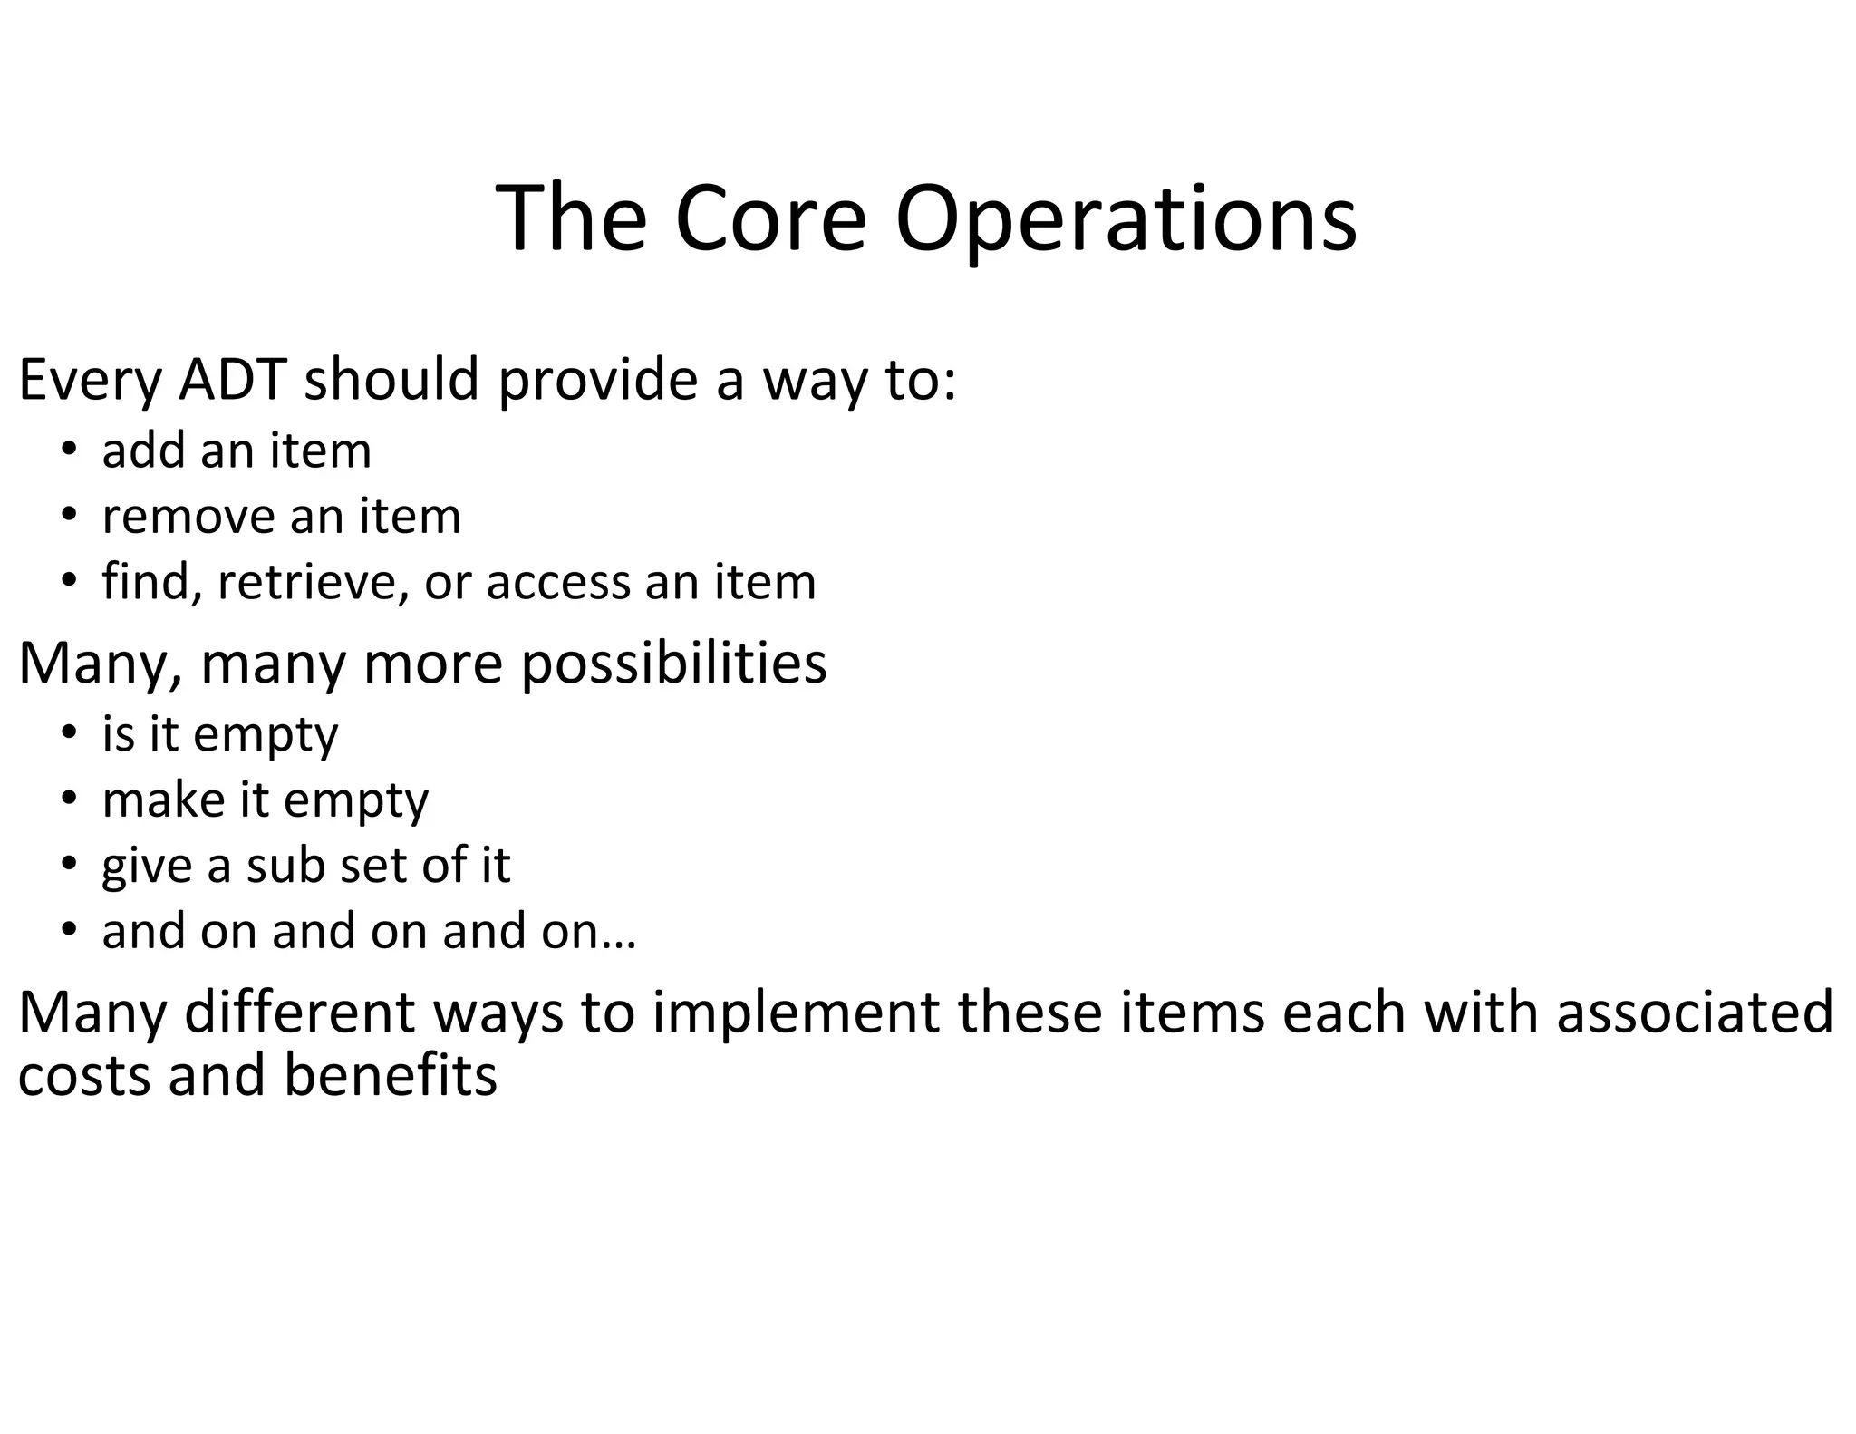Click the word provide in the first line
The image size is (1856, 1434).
(x=597, y=381)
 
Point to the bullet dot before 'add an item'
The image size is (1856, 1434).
(x=69, y=451)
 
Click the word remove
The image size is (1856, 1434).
(x=188, y=517)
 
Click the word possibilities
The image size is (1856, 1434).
(x=674, y=664)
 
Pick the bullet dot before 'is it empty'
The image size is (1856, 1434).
(x=69, y=733)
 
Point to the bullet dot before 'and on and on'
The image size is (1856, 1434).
(x=69, y=931)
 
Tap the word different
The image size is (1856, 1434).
(x=299, y=1013)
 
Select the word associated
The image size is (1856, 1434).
(x=1695, y=1013)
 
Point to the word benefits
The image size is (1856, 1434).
(x=391, y=1075)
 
